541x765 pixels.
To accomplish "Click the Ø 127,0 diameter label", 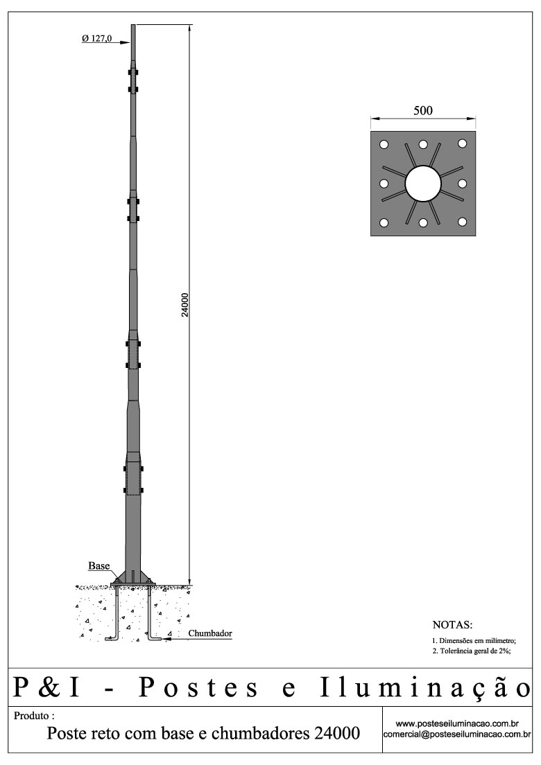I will point(96,39).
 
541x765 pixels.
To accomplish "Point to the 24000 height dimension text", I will point(185,305).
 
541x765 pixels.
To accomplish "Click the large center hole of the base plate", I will point(423,184).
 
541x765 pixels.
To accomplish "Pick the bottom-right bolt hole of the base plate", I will point(463,223).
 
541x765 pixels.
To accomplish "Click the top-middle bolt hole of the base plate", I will point(423,144).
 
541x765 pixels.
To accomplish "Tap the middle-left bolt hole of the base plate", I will point(383,184).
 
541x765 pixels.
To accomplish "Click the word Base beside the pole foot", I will point(98,565).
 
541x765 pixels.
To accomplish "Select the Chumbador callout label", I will point(210,633).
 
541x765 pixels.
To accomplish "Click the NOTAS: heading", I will point(452,624).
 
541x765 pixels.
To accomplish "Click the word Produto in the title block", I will point(32,715).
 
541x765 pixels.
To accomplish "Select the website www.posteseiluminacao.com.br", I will point(457,723).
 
